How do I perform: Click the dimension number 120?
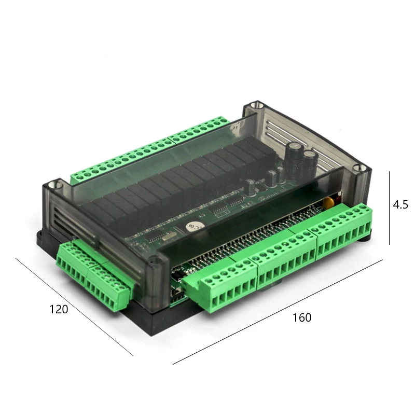pyautogui.click(x=59, y=309)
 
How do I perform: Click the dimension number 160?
pyautogui.click(x=302, y=317)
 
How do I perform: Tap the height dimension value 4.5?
pyautogui.click(x=400, y=204)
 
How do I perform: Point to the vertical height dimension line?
pyautogui.click(x=389, y=208)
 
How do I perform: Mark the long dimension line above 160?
pyautogui.click(x=278, y=312)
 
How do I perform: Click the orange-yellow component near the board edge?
pyautogui.click(x=329, y=202)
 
